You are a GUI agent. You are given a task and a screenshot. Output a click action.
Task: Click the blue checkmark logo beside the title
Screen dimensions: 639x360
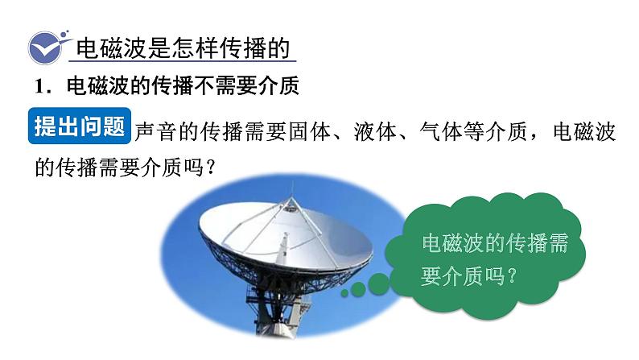coord(46,48)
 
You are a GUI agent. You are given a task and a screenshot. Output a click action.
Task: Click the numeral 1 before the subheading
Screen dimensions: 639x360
coord(40,86)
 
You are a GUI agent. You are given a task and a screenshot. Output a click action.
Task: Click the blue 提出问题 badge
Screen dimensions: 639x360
coord(79,126)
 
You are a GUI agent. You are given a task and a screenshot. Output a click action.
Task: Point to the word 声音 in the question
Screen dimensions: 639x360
coord(156,132)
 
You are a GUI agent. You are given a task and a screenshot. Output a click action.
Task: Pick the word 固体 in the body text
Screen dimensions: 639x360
coord(309,132)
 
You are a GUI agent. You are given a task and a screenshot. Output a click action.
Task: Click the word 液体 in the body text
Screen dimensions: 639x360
coord(375,132)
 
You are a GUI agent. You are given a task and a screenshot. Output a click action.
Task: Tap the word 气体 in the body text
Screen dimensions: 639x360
coord(440,132)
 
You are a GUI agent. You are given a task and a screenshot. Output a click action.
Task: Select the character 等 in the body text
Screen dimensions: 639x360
coord(473,132)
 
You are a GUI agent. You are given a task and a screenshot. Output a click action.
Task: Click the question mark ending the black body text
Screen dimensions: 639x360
coord(211,167)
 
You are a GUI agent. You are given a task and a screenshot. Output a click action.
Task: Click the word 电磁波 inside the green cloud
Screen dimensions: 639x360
coord(453,243)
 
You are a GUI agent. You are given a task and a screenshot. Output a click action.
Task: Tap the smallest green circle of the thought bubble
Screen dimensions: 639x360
coord(344,292)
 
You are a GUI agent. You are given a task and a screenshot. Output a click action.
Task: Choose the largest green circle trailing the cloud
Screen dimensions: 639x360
coord(378,283)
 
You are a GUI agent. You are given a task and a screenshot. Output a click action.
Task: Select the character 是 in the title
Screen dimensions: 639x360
coord(159,48)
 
